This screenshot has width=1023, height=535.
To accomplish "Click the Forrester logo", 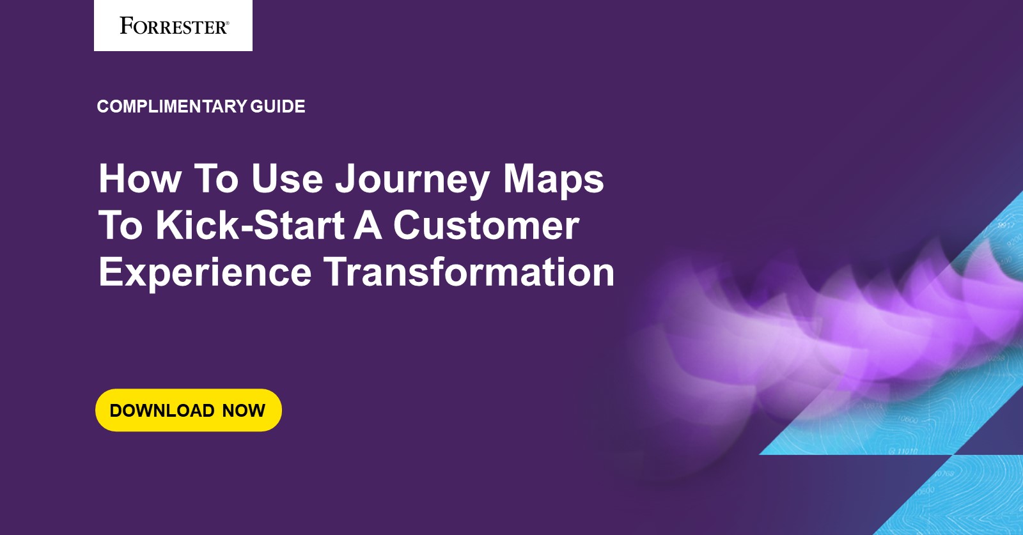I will (173, 26).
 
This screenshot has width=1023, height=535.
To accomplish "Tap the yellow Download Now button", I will (188, 410).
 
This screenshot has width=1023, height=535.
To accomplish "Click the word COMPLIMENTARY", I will (171, 106).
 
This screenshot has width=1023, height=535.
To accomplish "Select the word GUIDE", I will (277, 106).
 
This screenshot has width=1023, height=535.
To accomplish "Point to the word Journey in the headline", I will (413, 179).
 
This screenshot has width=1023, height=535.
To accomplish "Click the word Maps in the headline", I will (553, 179).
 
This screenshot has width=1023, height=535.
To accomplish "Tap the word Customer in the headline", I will (486, 226).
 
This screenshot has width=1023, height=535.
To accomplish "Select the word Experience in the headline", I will (205, 272).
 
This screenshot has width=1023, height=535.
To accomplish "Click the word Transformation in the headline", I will (469, 272).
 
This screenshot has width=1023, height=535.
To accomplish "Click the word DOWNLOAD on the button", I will (162, 410).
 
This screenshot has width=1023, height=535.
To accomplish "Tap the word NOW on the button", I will (244, 410).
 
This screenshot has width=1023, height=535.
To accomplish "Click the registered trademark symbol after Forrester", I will (227, 22).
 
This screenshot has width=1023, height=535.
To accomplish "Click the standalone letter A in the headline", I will (368, 226).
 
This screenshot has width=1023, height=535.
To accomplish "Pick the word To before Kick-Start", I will (121, 226).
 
